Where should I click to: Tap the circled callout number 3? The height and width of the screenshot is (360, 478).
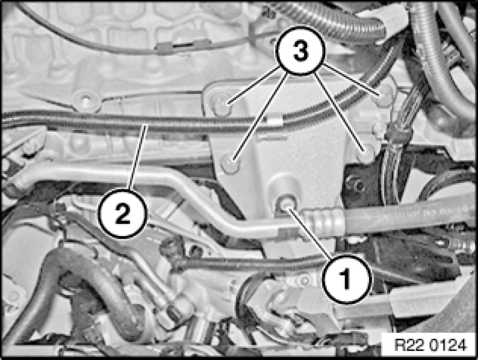tap(300, 51)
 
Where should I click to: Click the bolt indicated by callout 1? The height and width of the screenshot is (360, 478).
tap(286, 204)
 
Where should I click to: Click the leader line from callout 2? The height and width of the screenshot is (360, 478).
tap(138, 157)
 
